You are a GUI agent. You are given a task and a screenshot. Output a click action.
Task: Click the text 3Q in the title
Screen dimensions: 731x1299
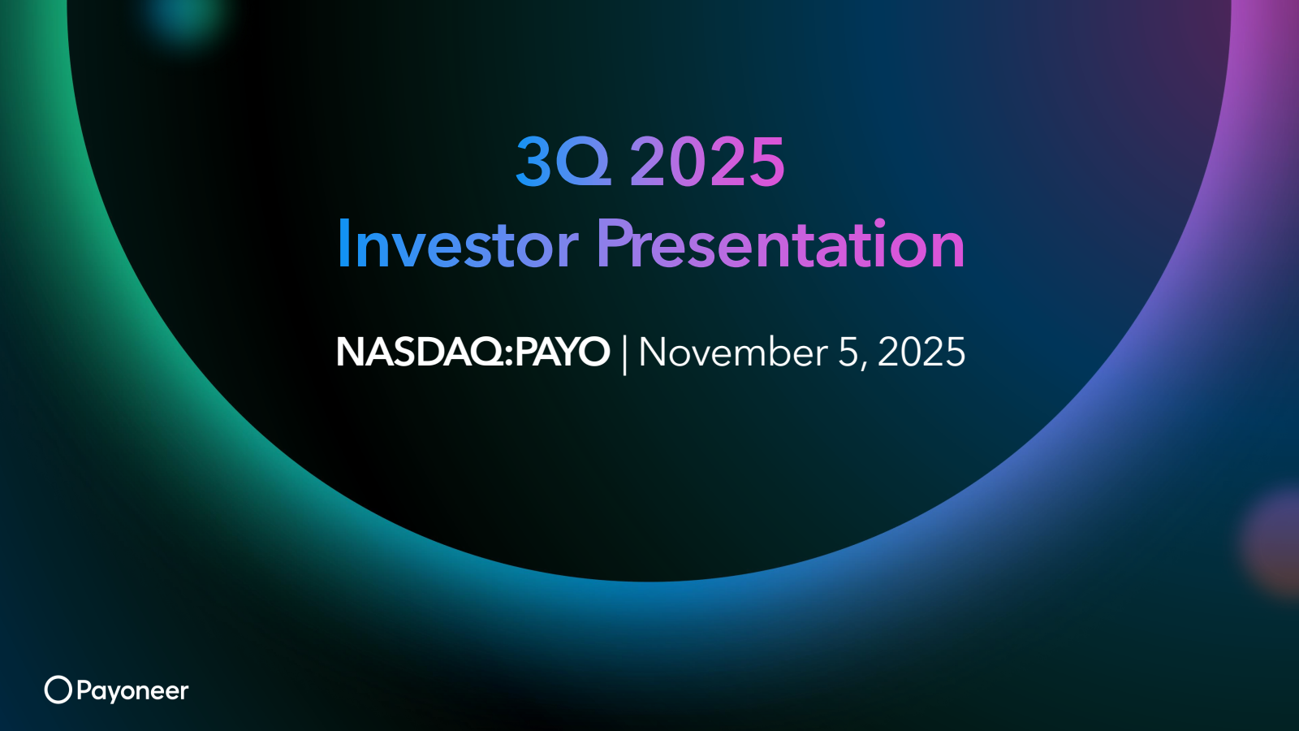point(563,161)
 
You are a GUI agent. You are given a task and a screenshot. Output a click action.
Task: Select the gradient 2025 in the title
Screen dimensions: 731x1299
point(707,161)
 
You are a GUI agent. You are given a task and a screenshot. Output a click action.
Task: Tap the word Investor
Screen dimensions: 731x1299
point(457,244)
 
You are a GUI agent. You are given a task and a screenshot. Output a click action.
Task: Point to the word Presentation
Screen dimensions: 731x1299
point(780,244)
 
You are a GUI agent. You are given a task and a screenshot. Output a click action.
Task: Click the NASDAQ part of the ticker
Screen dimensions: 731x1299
point(419,353)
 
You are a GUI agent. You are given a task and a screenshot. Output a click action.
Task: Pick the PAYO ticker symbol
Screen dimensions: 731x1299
point(562,353)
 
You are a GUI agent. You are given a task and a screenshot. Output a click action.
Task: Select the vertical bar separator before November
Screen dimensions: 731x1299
point(624,355)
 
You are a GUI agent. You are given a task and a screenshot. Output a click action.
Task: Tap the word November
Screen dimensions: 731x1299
point(733,353)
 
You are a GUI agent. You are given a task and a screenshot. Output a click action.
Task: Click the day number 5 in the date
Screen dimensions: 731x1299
point(848,353)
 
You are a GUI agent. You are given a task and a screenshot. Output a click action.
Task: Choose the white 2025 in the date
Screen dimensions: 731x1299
point(921,353)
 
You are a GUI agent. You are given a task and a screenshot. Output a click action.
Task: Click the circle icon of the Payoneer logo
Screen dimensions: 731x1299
point(58,690)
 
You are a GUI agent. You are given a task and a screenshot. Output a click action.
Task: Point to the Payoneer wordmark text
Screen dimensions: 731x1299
point(132,691)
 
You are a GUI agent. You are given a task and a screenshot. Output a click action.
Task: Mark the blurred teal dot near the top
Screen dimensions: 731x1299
point(184,18)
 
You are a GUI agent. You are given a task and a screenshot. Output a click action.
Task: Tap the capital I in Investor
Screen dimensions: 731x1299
point(343,244)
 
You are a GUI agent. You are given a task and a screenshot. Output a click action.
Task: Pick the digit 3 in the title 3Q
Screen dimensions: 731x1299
point(533,161)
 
